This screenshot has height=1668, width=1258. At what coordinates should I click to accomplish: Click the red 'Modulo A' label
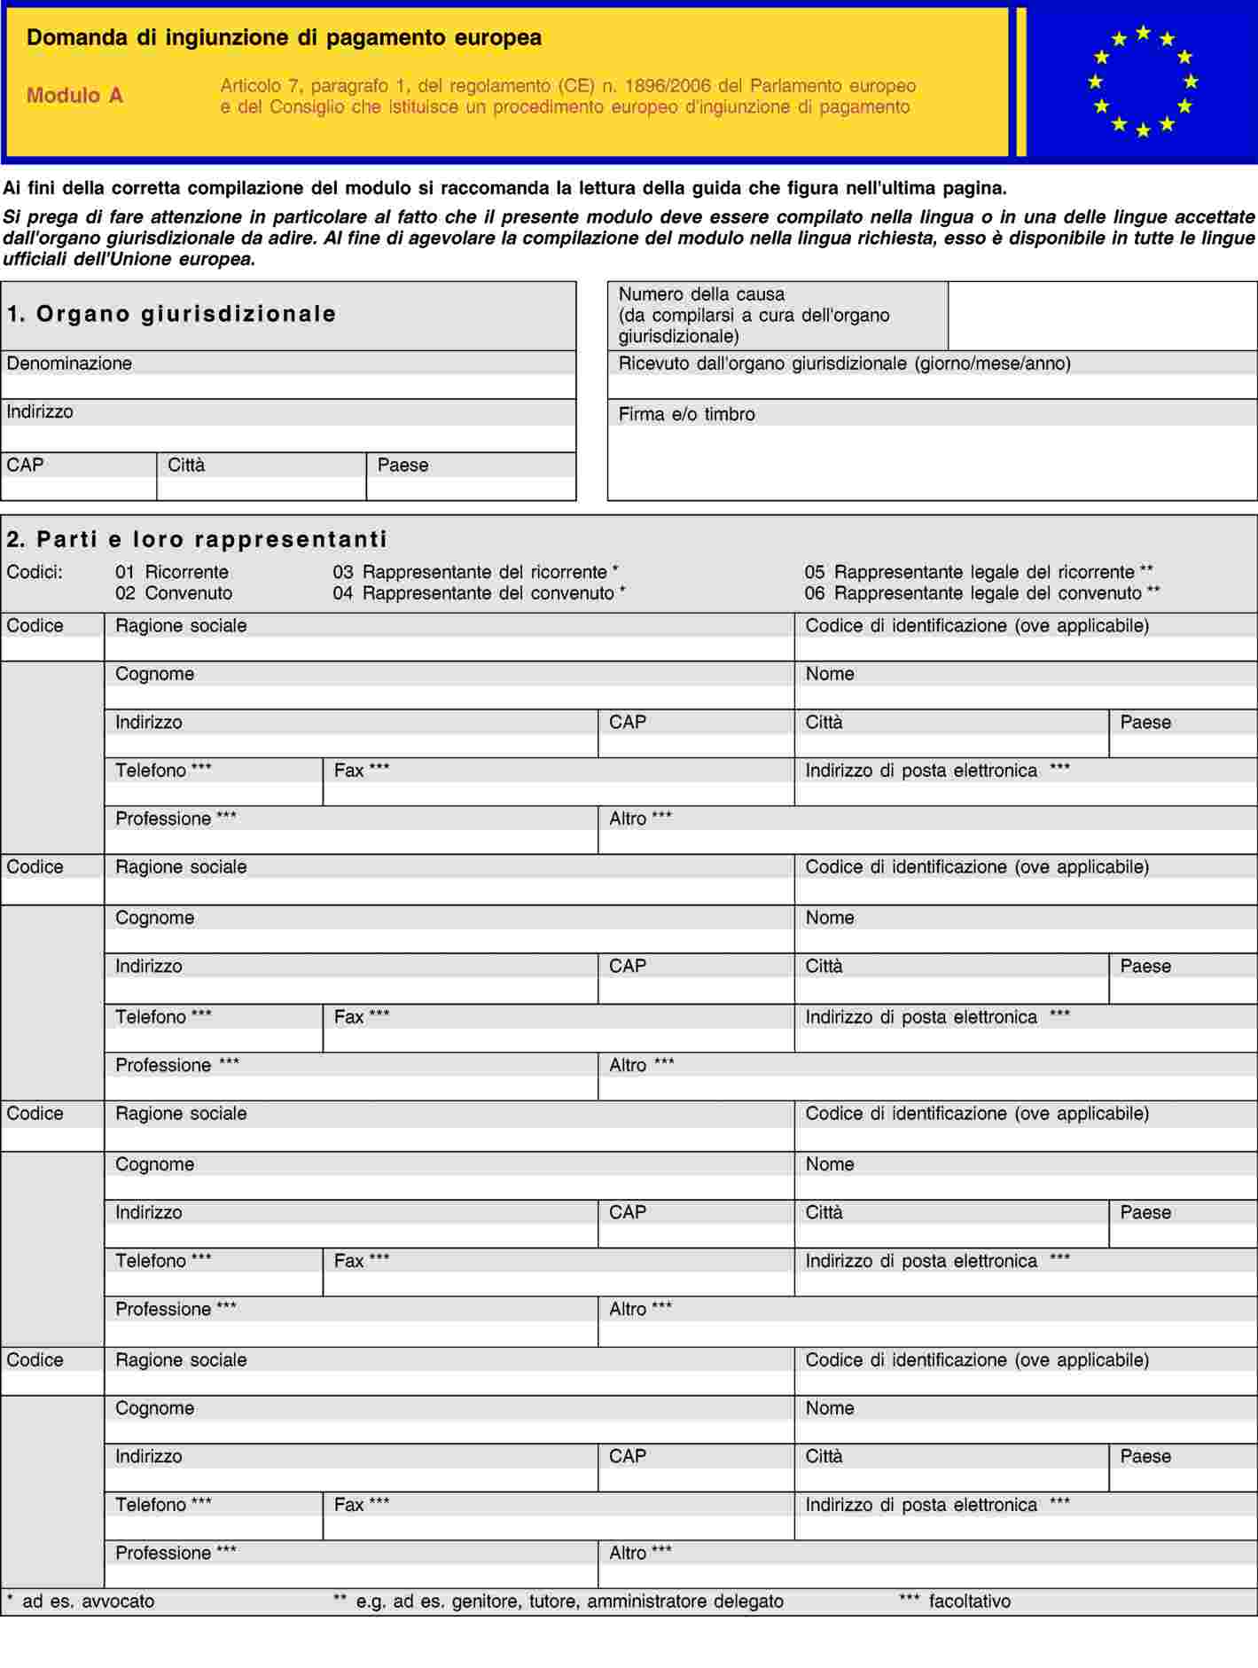point(74,96)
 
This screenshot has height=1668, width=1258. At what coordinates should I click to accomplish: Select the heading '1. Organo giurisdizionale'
point(172,314)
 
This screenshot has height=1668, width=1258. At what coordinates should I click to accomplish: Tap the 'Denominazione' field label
point(69,364)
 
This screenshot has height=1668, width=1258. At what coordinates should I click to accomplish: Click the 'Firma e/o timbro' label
point(686,414)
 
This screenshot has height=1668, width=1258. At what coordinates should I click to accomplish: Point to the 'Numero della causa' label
point(701,294)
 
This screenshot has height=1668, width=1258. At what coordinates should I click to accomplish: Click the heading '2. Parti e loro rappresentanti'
point(197,539)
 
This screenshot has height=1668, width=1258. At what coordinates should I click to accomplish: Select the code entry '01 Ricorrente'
point(172,572)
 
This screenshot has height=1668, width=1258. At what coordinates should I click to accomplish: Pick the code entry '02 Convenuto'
point(174,593)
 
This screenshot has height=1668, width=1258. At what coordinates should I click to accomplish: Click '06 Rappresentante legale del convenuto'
point(981,593)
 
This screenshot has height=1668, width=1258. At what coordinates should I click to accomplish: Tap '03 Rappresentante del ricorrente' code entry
point(475,572)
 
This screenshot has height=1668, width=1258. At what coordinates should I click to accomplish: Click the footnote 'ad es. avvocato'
point(88,1601)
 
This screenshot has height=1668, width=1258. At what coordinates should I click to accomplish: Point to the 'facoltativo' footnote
point(969,1601)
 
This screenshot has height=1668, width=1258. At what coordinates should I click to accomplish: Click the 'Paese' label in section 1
point(402,466)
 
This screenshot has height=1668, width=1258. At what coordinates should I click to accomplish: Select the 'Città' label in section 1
point(186,466)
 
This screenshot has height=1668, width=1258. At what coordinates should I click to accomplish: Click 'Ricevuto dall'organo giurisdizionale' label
point(844,364)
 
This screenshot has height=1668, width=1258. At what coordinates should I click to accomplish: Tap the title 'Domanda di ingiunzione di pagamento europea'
point(284,37)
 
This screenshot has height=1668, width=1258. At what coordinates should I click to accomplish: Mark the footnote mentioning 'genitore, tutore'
point(569,1601)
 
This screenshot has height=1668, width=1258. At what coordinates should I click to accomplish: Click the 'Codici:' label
point(35,572)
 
